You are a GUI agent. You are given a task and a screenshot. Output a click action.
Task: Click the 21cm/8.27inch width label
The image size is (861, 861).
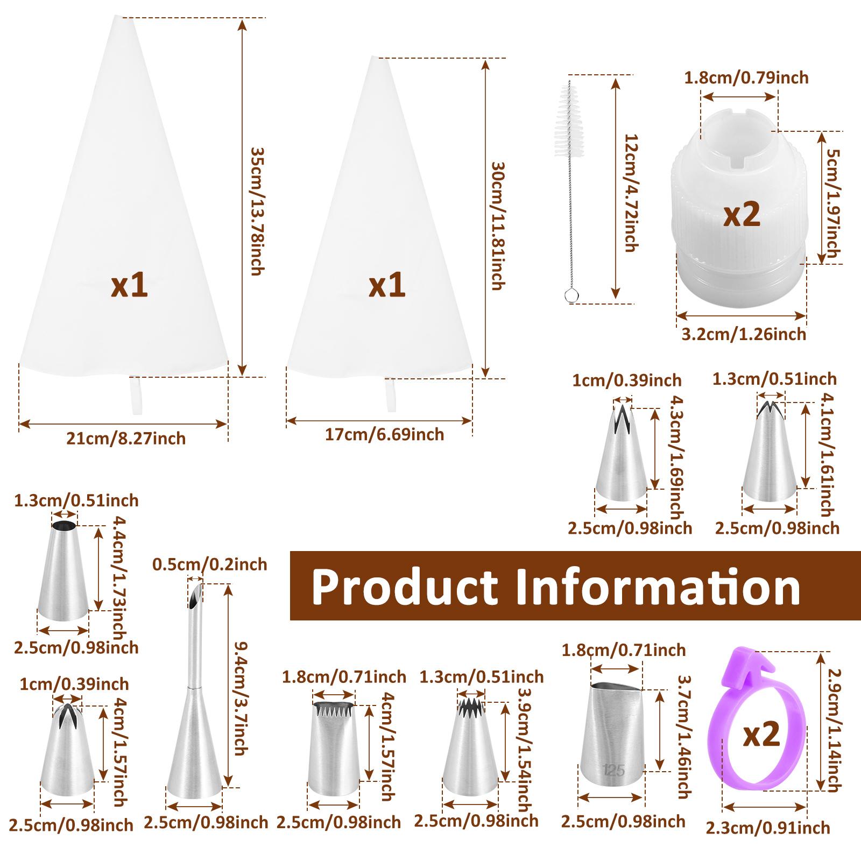[x=126, y=439]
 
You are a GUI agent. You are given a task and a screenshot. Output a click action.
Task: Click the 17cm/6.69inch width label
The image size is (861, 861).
[x=384, y=434]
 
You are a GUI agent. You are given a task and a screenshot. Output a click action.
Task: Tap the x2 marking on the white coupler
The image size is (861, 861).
[x=742, y=214]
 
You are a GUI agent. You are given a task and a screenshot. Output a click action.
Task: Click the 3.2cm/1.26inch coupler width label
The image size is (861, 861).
[x=744, y=334]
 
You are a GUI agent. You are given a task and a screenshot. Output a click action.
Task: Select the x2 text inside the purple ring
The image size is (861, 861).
[x=761, y=735]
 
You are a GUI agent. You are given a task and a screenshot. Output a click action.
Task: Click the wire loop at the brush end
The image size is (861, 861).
[x=570, y=294]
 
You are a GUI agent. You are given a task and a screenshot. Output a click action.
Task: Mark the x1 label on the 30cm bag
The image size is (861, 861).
[x=387, y=285]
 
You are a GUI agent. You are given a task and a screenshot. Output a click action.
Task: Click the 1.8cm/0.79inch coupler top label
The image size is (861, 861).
[x=746, y=77]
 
